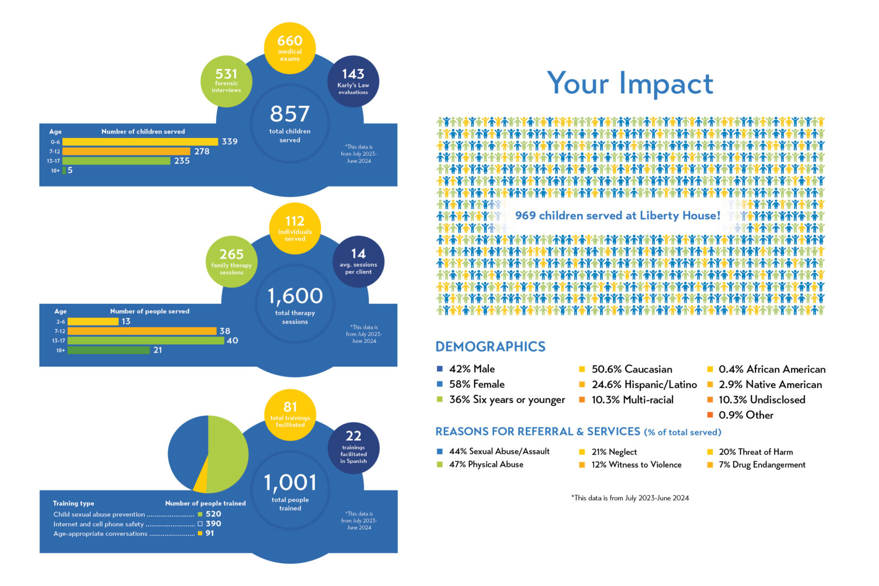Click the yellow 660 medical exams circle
tap(290, 48)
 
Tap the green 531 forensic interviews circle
tap(226, 80)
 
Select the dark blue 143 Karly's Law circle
tap(353, 81)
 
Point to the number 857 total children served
tap(290, 114)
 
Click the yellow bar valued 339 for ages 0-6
tap(142, 142)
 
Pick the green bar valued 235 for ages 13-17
tap(119, 161)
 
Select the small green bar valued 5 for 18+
tap(64, 170)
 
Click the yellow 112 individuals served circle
tap(295, 228)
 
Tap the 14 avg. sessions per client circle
tap(358, 261)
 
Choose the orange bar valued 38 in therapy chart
tap(142, 331)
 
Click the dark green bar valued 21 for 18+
tap(109, 351)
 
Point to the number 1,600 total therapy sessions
tap(295, 296)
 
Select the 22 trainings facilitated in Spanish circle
tap(353, 447)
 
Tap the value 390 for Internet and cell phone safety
tap(213, 524)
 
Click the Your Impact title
tap(629, 84)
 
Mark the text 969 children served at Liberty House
tap(617, 216)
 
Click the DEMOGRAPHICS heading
tap(491, 347)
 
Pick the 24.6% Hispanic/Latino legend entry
tap(644, 385)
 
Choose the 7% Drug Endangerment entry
tap(762, 465)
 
